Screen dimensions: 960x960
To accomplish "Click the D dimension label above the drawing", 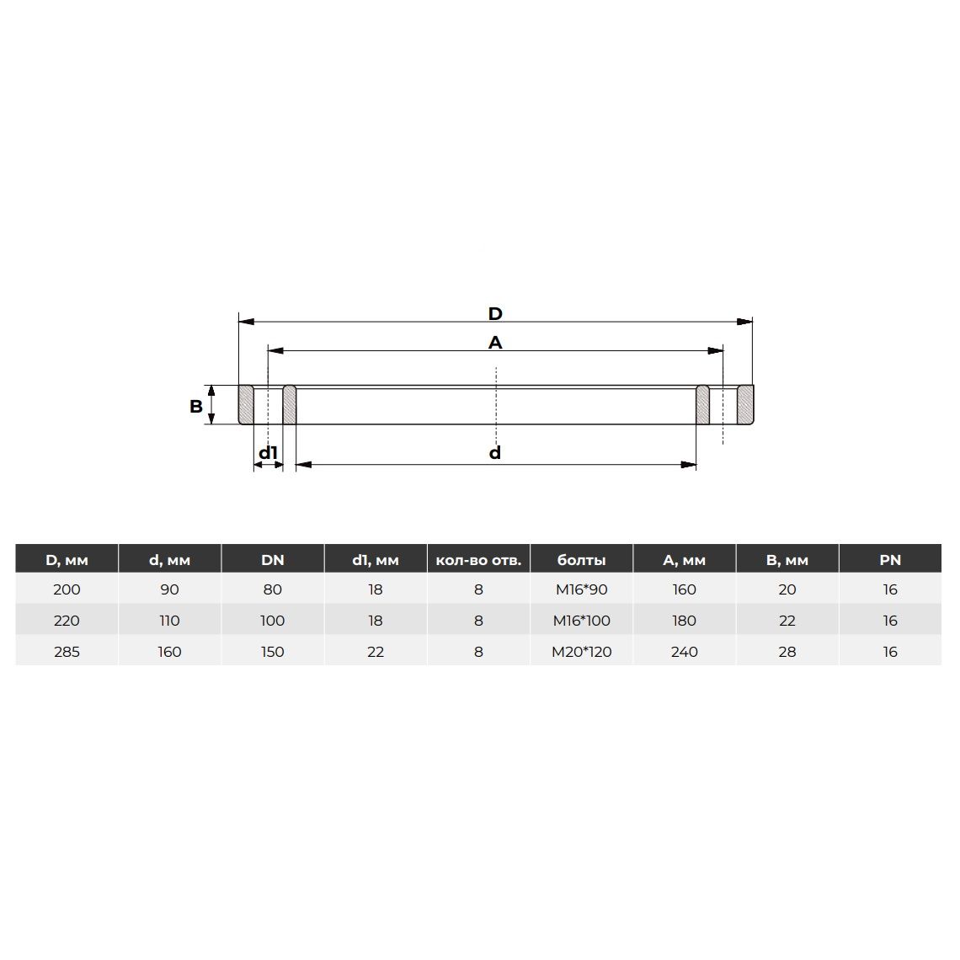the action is coord(494,314).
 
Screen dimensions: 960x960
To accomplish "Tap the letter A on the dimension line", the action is coord(494,343).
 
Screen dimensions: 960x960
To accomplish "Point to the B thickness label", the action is coord(196,406).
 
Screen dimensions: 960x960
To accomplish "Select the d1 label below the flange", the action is coord(268,452).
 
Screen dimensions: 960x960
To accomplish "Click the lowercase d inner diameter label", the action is coord(494,452).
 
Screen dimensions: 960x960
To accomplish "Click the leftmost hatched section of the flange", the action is coord(246,404).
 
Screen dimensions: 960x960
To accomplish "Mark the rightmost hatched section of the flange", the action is coord(745,404).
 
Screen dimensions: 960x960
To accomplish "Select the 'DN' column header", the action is coord(273,560).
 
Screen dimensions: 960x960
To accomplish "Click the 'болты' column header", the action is coord(581,560).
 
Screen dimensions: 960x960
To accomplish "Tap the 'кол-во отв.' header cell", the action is coord(478,560).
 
